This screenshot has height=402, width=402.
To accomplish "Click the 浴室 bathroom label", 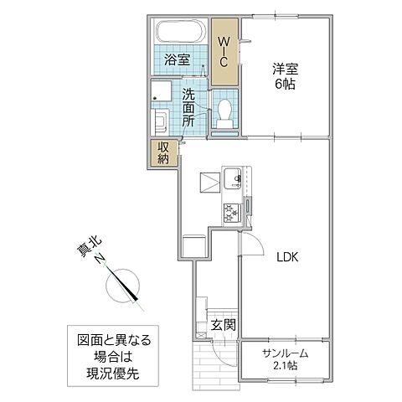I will pyautogui.click(x=176, y=60).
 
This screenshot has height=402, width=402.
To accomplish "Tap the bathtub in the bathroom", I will pyautogui.click(x=179, y=33).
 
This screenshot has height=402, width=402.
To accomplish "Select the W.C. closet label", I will pyautogui.click(x=224, y=52).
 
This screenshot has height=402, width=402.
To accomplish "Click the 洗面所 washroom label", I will pyautogui.click(x=188, y=106).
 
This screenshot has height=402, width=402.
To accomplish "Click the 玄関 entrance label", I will pyautogui.click(x=222, y=325).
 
